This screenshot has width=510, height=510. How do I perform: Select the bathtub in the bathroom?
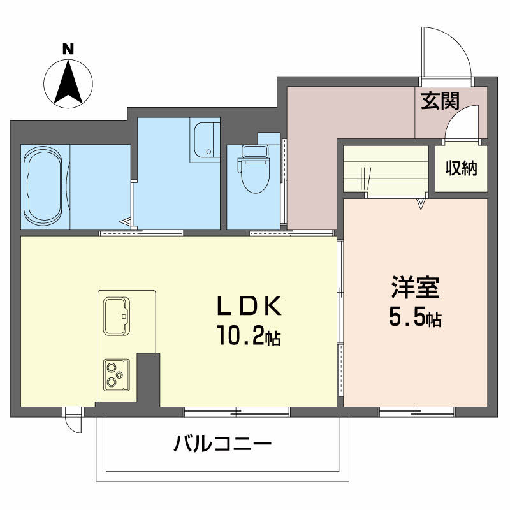pos(45,186)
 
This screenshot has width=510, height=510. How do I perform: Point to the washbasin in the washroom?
pos(205,140)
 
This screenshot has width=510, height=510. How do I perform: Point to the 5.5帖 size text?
pos(415,317)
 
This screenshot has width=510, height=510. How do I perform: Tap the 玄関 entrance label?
pos(440,101)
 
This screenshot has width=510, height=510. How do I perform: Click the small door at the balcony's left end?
pos(73,419)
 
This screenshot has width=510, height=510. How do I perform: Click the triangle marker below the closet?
pos(421,204)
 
